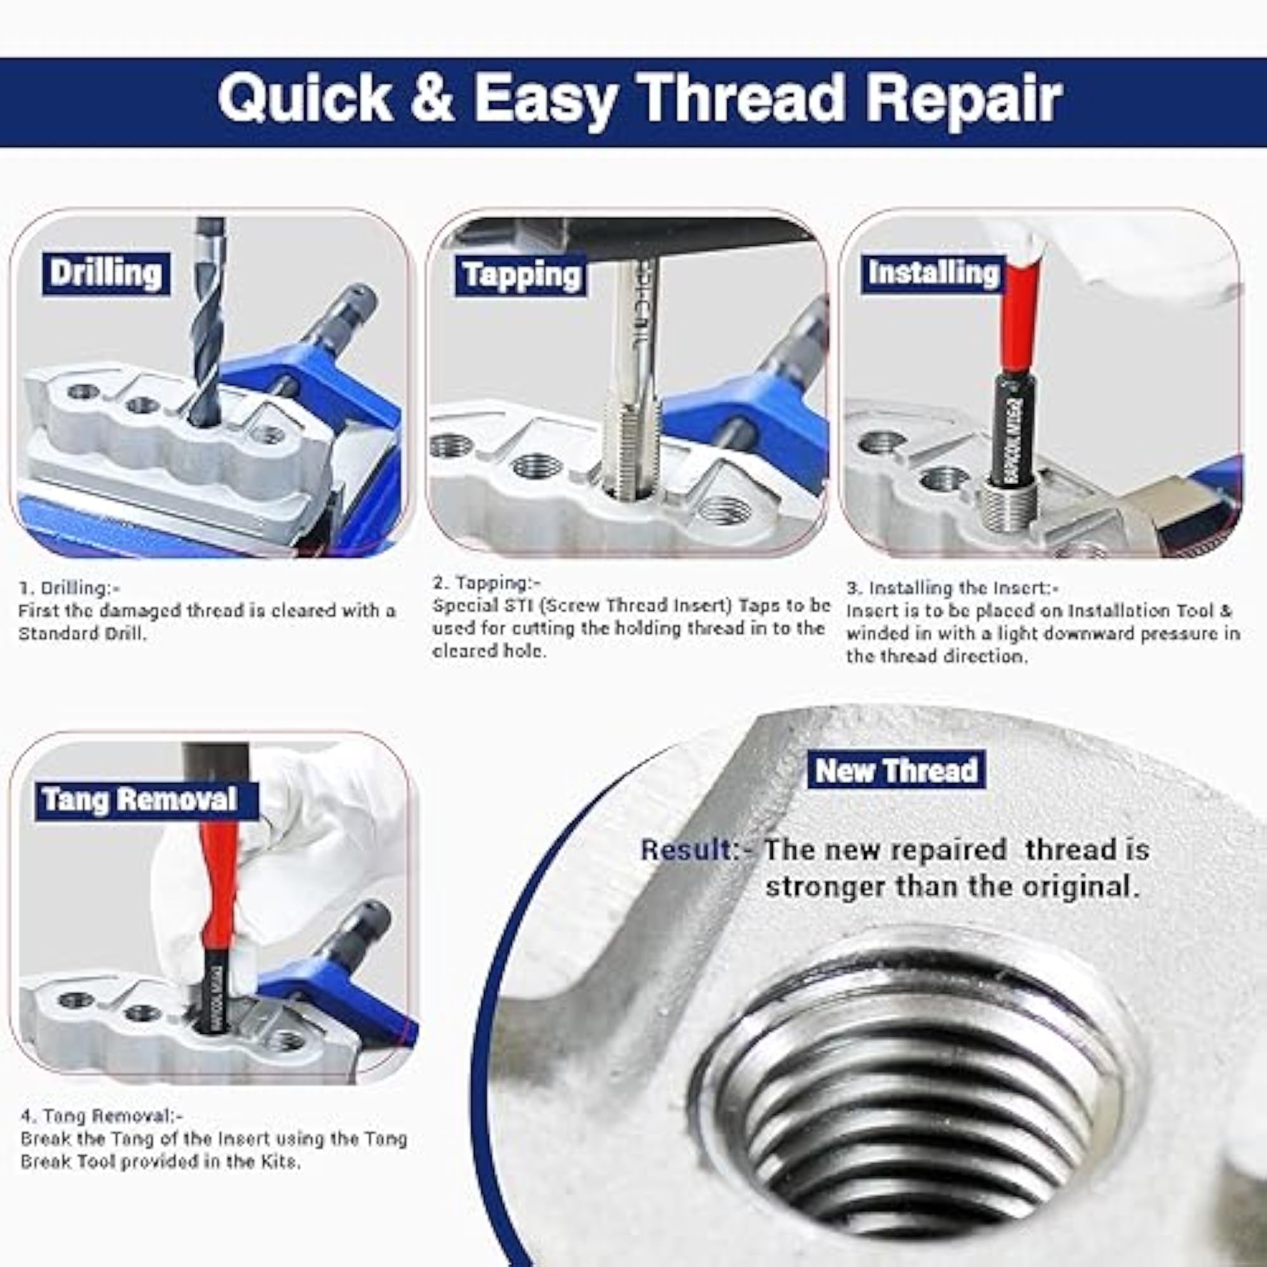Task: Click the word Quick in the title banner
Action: click(x=304, y=98)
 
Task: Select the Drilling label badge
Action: click(x=106, y=274)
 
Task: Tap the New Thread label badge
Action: click(x=896, y=770)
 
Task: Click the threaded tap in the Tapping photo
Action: click(x=633, y=380)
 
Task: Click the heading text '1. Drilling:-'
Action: click(x=69, y=588)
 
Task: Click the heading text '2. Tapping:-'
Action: click(x=486, y=582)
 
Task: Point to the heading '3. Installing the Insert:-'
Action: click(x=952, y=589)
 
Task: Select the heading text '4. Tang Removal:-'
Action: click(x=101, y=1115)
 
